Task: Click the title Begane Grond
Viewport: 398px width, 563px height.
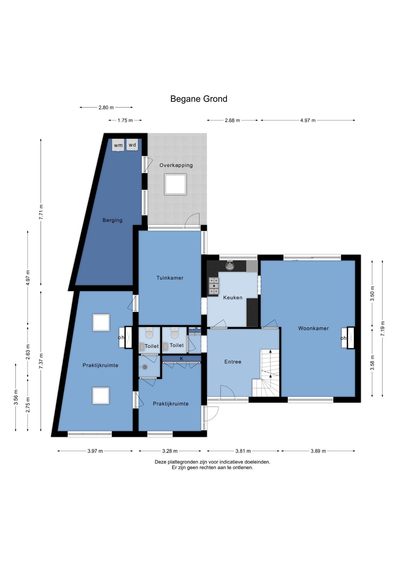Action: pos(199,99)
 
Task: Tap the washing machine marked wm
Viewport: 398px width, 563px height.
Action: pos(118,145)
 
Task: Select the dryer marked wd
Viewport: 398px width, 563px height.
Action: pos(132,145)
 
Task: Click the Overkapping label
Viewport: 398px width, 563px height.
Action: pos(176,165)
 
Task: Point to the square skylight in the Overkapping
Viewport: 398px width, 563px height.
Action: pos(176,184)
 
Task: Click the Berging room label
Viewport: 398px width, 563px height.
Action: pos(113,220)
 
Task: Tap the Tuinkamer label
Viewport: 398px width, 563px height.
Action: pos(170,278)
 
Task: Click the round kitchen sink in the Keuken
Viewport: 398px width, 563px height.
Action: pos(230,266)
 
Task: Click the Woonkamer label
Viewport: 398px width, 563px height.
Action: pos(313,328)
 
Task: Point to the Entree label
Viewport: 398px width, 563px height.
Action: pos(233,362)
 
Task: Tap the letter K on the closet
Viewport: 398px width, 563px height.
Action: pos(181,359)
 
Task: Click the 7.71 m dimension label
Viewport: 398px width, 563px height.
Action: pos(41,211)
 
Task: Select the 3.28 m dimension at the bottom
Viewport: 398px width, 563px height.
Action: pos(170,451)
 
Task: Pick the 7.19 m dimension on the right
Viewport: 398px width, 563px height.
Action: pos(382,328)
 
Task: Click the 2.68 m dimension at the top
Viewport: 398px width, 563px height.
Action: pos(232,120)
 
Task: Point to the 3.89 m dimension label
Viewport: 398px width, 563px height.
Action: pos(318,451)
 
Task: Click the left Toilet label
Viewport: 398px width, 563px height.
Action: pos(152,346)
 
